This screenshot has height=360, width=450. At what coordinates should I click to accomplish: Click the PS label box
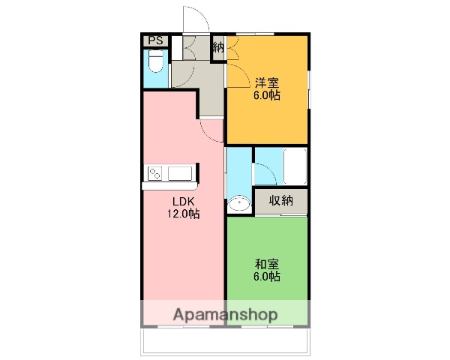[155, 41]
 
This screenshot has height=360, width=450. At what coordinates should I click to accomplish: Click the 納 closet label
[217, 47]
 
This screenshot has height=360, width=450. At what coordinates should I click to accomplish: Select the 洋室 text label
[266, 82]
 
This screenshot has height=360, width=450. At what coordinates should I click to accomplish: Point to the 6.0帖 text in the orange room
[266, 96]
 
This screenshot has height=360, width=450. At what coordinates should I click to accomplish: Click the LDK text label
[183, 201]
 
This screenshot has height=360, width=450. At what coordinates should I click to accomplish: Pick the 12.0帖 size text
[183, 214]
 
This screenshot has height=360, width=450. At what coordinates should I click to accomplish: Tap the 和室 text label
[266, 263]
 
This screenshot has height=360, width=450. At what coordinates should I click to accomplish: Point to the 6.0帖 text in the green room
[266, 277]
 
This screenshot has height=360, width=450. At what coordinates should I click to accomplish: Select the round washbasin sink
[239, 203]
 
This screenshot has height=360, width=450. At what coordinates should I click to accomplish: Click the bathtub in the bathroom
[294, 166]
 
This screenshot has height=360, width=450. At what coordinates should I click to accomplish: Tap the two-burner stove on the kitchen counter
[156, 174]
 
